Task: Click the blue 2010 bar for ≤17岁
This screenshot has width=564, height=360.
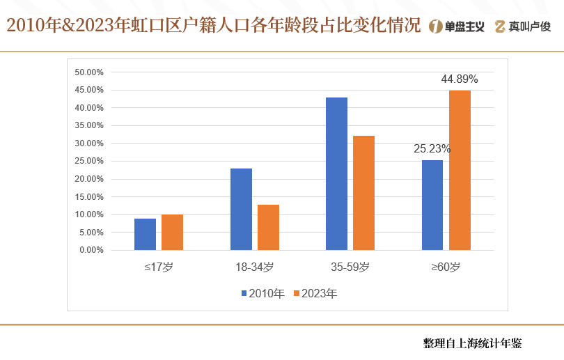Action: click(x=145, y=234)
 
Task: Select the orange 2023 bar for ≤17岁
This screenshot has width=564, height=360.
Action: click(x=172, y=232)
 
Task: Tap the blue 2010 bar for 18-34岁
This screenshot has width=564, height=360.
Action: click(x=241, y=209)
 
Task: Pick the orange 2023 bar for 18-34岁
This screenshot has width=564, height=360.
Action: click(x=268, y=227)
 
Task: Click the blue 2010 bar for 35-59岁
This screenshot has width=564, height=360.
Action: click(x=336, y=173)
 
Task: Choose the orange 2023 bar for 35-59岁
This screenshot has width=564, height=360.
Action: click(x=363, y=193)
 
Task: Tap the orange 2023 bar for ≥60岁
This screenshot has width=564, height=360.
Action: click(x=460, y=170)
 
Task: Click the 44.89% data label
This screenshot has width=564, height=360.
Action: click(x=460, y=79)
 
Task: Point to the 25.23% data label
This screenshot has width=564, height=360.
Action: click(x=432, y=148)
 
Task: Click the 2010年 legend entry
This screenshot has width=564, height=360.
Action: click(x=263, y=294)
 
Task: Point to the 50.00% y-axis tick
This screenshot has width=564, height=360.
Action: click(x=89, y=72)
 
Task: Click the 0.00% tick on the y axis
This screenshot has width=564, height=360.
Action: click(x=91, y=250)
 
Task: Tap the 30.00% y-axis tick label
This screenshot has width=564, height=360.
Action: click(x=89, y=143)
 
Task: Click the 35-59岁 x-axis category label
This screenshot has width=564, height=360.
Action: click(x=350, y=267)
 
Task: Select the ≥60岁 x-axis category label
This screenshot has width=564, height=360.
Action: click(x=446, y=267)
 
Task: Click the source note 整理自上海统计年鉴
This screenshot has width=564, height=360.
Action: click(x=472, y=343)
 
